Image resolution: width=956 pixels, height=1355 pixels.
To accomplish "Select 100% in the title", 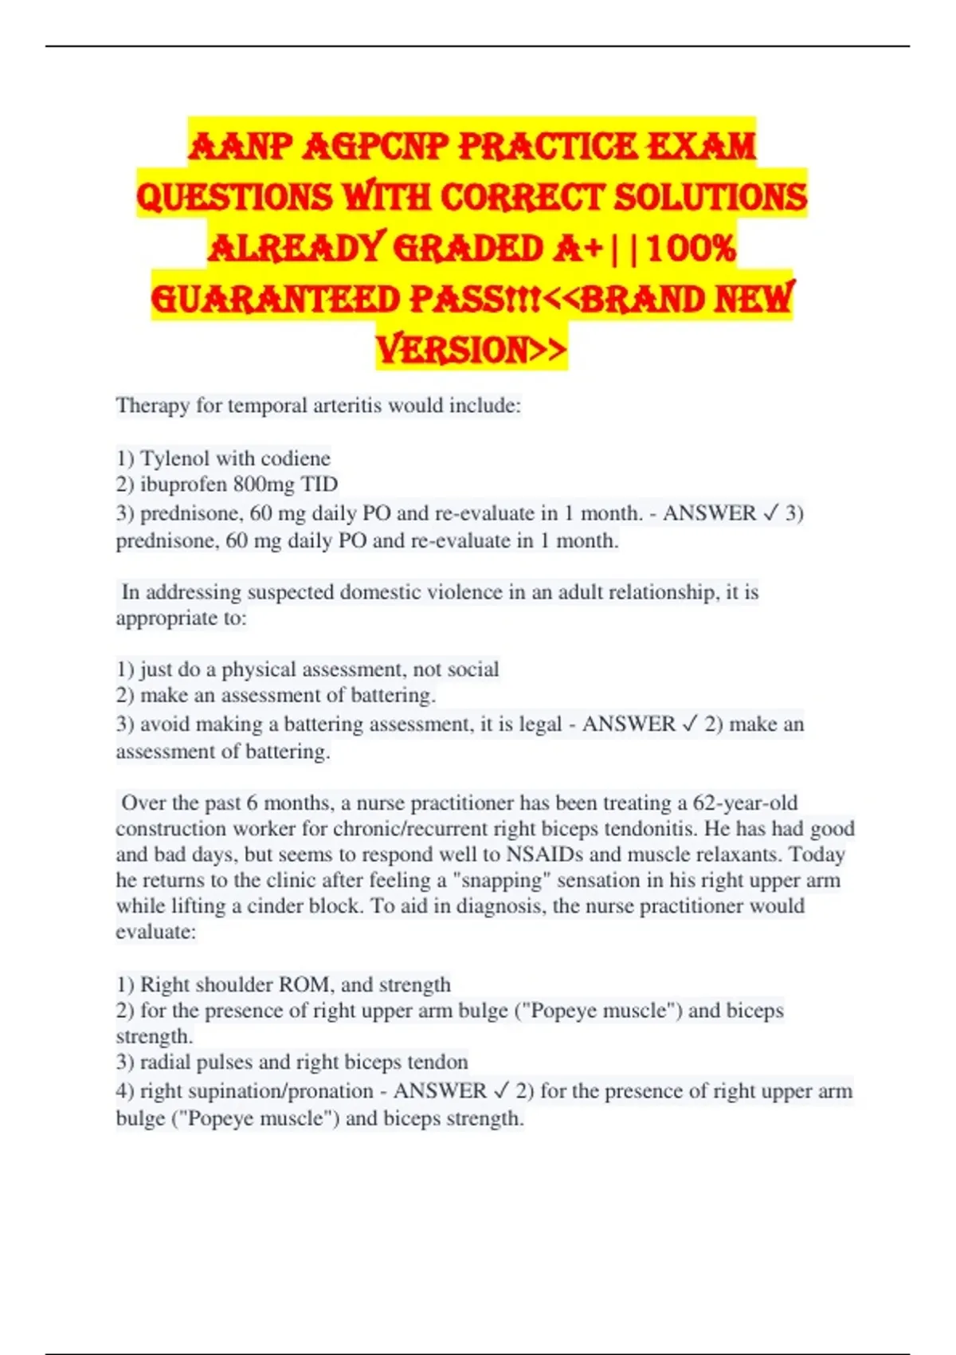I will tap(692, 248).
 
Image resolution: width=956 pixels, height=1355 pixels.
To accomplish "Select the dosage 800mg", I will tap(264, 485).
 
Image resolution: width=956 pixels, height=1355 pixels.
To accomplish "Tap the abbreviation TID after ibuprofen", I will tap(319, 485).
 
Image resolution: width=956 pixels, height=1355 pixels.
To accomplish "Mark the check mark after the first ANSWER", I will tap(770, 513).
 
